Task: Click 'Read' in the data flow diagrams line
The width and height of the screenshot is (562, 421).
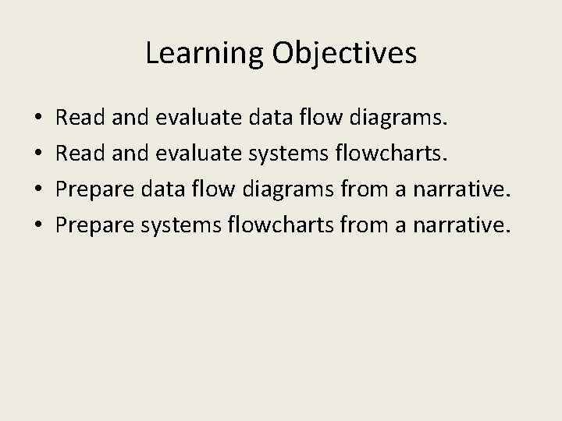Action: point(76,119)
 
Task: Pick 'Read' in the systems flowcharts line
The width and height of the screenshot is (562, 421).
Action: point(76,154)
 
